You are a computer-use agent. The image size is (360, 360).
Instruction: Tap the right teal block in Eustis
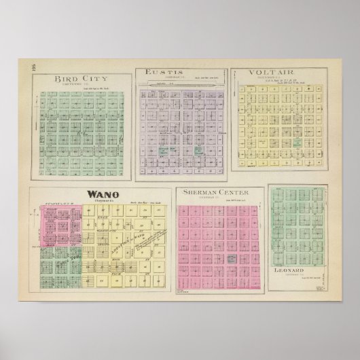[198, 151]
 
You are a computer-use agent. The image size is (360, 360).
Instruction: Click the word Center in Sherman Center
[232, 192]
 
